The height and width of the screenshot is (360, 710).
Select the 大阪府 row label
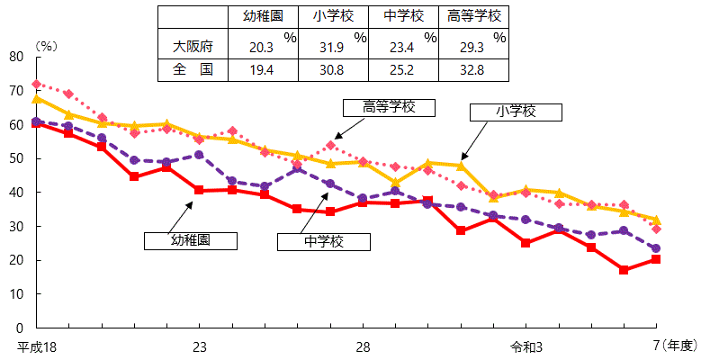click(193, 45)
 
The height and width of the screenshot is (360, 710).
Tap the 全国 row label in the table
click(193, 69)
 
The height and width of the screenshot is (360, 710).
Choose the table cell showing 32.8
click(473, 69)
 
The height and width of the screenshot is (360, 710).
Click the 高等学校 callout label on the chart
click(388, 107)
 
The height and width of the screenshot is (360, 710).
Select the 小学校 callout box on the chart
click(516, 112)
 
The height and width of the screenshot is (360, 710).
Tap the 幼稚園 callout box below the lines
click(191, 240)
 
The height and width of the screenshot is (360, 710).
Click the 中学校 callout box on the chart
click(324, 241)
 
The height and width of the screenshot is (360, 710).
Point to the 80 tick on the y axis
click(16, 57)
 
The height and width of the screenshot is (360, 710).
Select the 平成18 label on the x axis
click(36, 346)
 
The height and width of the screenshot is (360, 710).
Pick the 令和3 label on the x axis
click(526, 346)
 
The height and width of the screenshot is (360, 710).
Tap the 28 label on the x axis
click(363, 346)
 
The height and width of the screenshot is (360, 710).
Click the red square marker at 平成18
click(36, 123)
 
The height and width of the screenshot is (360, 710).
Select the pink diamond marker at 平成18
click(36, 85)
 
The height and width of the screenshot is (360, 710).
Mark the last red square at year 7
click(656, 259)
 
